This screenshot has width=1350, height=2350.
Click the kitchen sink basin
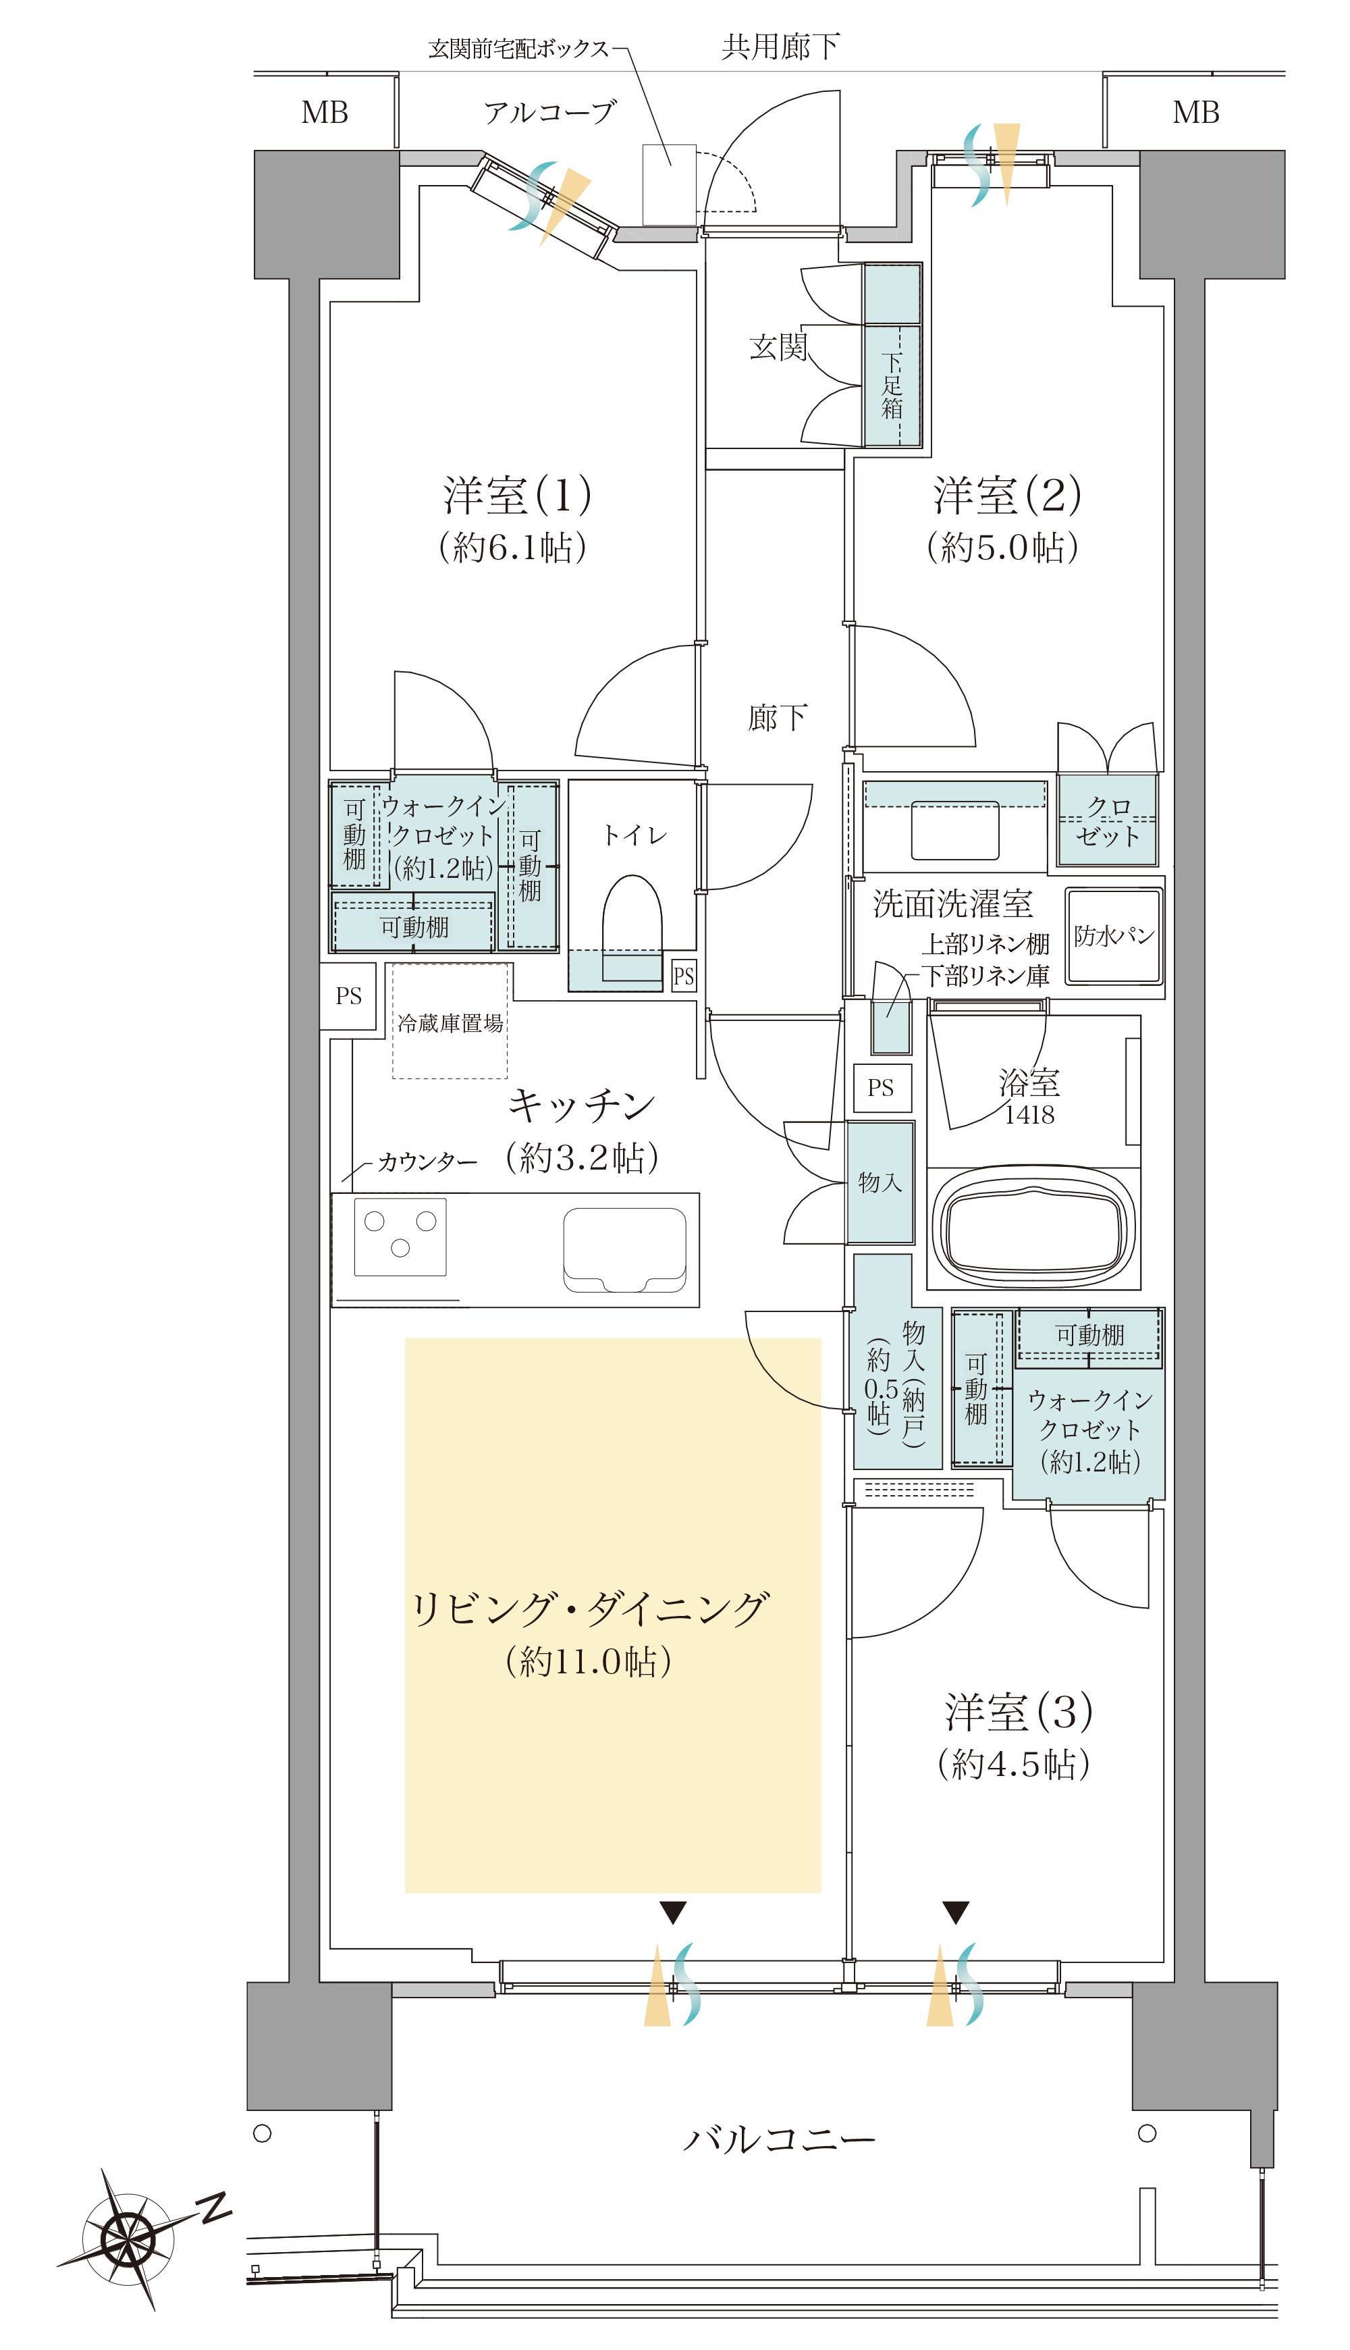pyautogui.click(x=625, y=1248)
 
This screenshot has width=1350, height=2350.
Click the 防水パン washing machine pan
pyautogui.click(x=1114, y=936)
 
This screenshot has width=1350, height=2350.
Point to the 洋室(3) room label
pyautogui.click(x=1018, y=1711)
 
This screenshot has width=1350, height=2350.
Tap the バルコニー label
pyautogui.click(x=778, y=2139)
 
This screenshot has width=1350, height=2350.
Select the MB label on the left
pyautogui.click(x=325, y=113)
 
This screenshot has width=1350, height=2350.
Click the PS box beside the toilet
pyautogui.click(x=683, y=976)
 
